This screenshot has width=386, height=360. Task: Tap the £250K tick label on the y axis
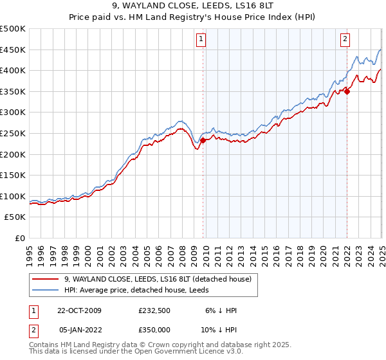coord(13,133)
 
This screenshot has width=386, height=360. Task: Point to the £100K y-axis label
coord(13,196)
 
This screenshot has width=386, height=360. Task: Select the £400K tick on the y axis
coord(13,71)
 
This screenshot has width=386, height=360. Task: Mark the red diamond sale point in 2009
coord(203,140)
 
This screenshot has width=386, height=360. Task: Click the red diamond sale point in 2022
coord(347,91)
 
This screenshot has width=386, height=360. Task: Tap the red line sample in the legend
coord(46,279)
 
